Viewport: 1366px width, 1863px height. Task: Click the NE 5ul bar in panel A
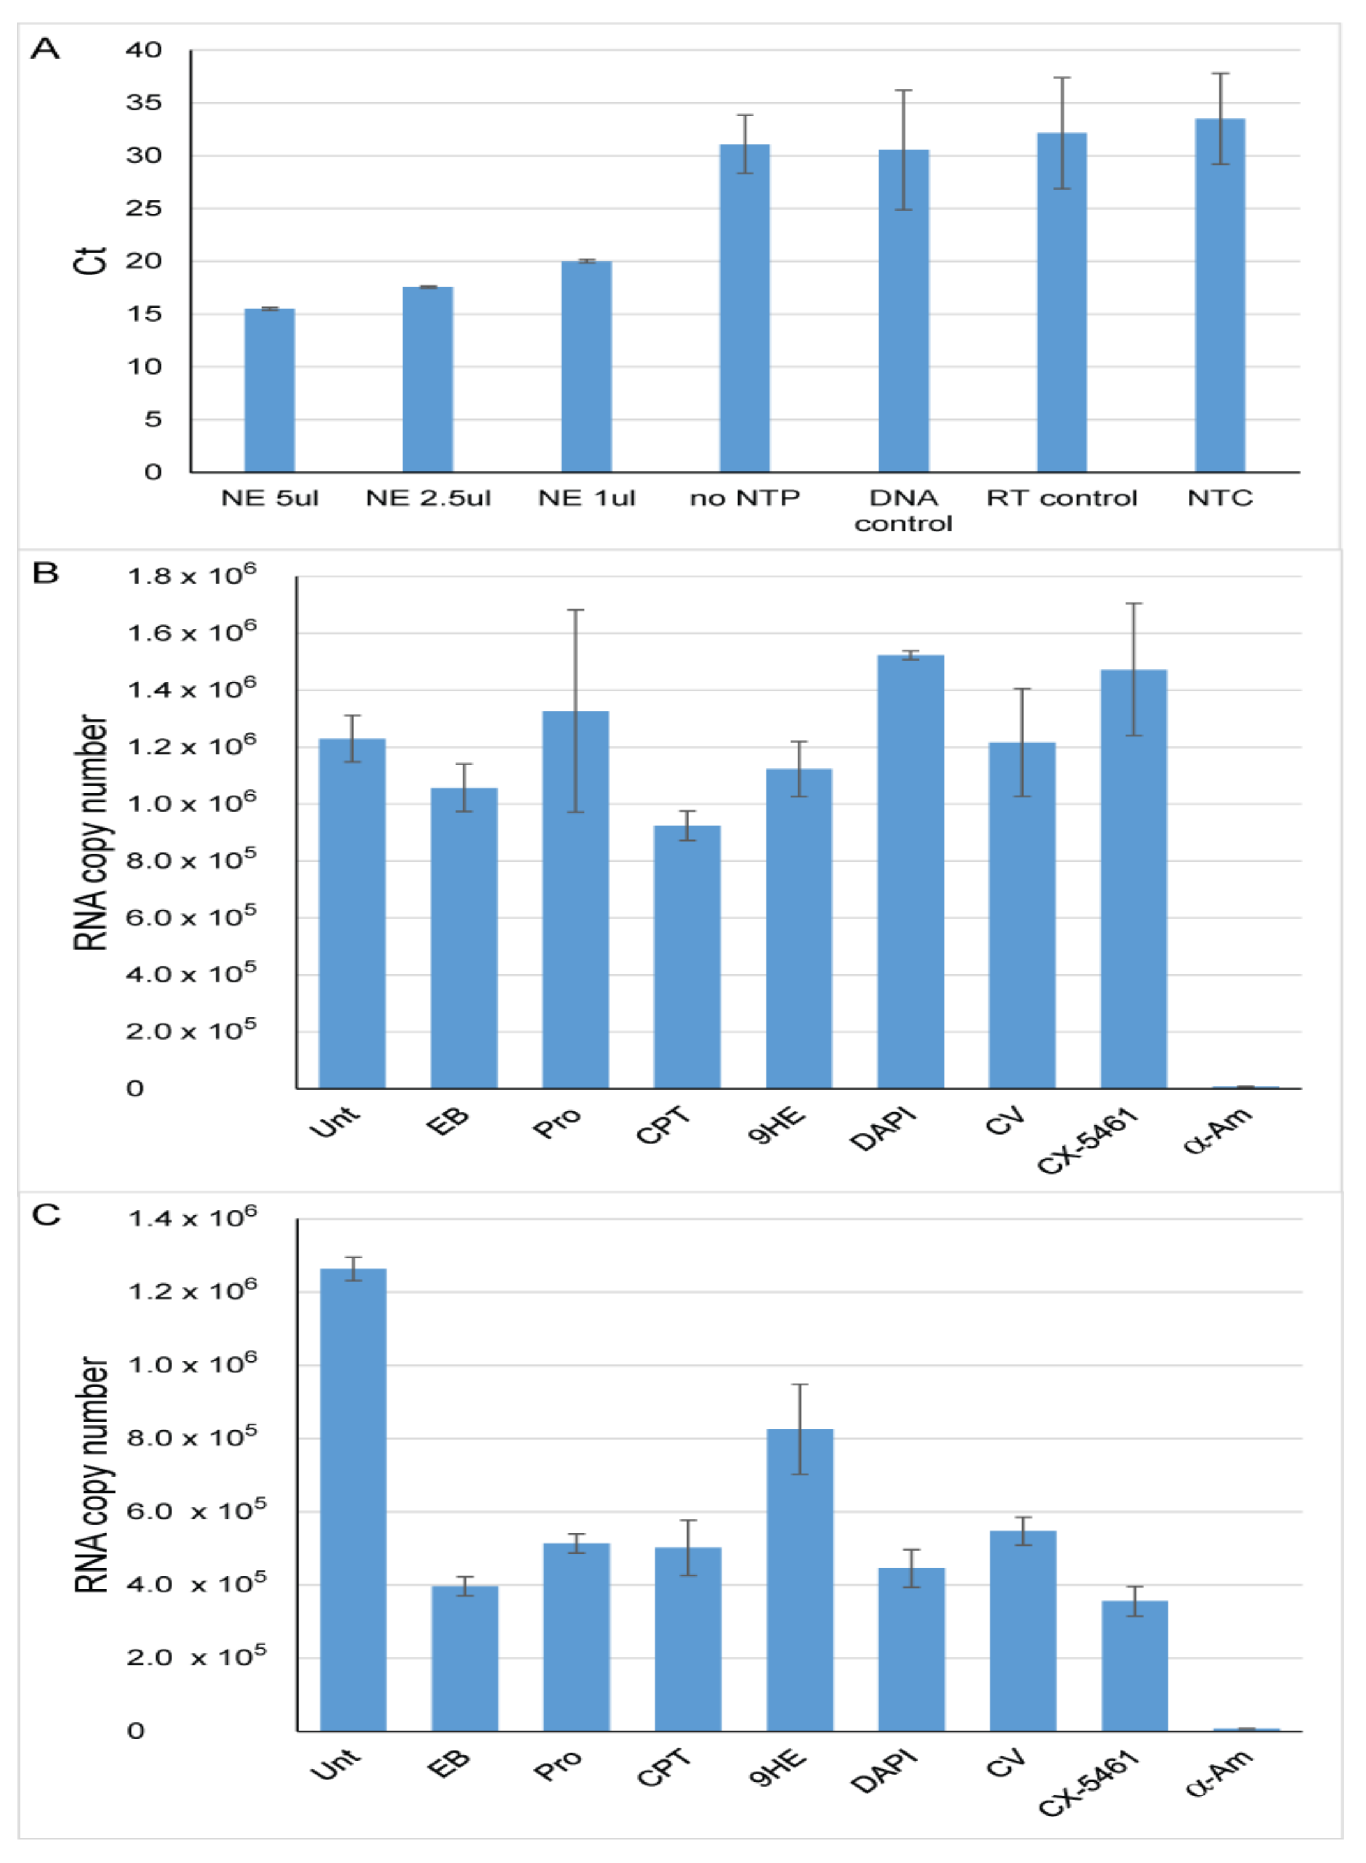pos(270,391)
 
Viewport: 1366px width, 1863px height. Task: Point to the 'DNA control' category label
pos(903,510)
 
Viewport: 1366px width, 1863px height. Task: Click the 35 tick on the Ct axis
pos(144,102)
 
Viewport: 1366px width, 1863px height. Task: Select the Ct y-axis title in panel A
pos(89,261)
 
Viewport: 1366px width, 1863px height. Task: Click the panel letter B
pos(46,573)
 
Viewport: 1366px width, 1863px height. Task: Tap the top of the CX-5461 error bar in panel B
pos(1134,604)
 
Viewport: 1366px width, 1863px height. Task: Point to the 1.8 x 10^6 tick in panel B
pos(191,575)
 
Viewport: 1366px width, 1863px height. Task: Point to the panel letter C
pos(46,1215)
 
